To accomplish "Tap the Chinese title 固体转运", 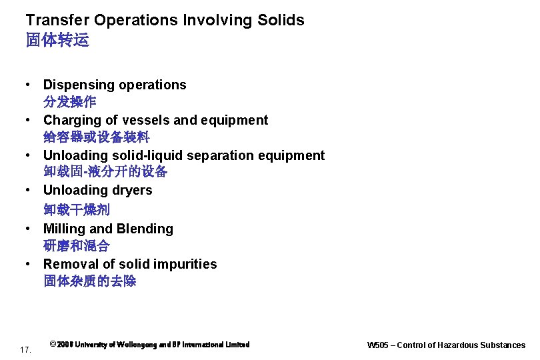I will click(57, 41).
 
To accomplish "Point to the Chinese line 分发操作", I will click(70, 103).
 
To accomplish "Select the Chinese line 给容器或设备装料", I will click(97, 137).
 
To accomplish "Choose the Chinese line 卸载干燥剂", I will click(77, 209).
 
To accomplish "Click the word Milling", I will click(64, 229).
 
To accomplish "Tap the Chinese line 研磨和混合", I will click(77, 246).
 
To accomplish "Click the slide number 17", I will click(26, 349).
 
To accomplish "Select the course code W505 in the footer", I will click(378, 345).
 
